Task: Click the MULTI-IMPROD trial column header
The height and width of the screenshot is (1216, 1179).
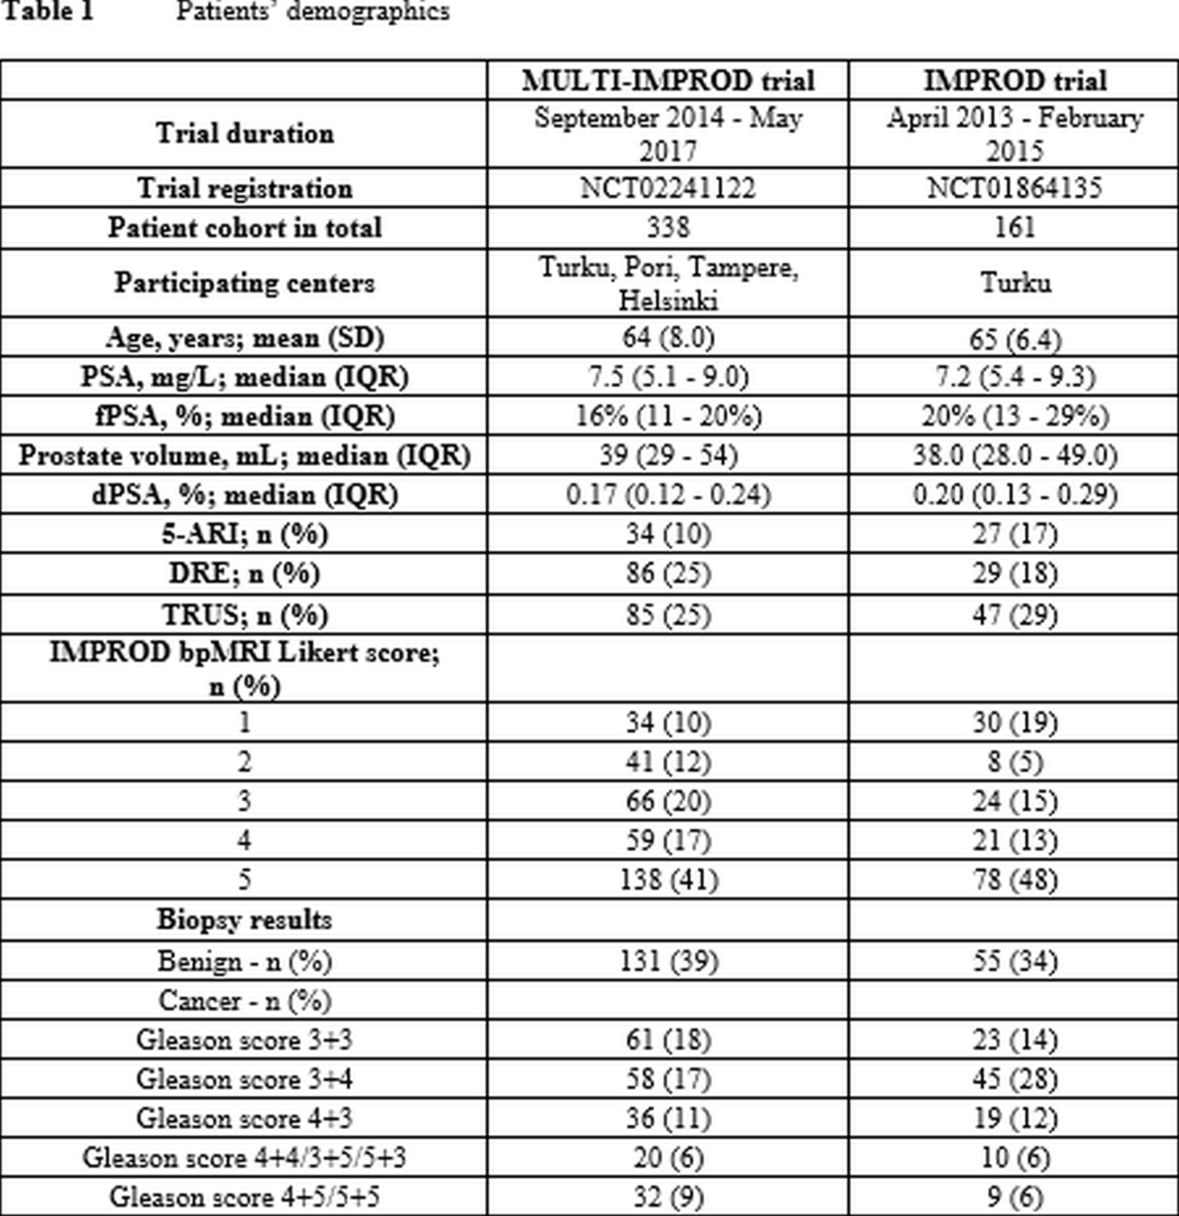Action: (668, 81)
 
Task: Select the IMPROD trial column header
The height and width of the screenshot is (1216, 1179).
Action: (1015, 81)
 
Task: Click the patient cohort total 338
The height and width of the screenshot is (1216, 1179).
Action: (668, 228)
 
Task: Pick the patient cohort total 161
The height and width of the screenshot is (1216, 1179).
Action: (1015, 228)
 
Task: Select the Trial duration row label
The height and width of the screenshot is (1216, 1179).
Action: (244, 133)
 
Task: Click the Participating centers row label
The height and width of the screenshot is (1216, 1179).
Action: (244, 283)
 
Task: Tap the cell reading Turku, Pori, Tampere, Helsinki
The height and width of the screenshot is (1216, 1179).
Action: (668, 283)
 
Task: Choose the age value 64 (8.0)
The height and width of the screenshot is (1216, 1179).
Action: (668, 337)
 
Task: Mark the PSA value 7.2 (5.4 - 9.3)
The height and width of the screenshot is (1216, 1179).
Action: (1015, 376)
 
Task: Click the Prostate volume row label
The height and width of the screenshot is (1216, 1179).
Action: (244, 456)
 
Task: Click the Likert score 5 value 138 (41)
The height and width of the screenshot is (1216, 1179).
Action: (668, 880)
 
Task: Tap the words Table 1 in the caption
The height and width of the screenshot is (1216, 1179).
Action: (48, 11)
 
